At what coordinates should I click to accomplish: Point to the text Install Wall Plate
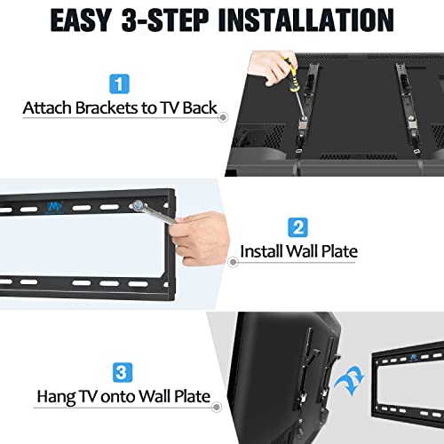tap(299, 251)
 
